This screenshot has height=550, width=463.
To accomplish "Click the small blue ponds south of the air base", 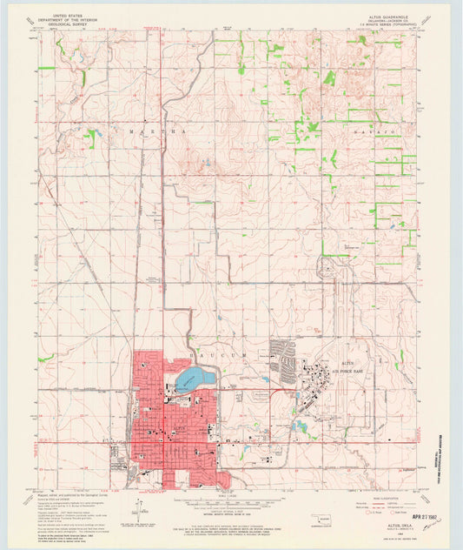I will click(299, 426).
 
